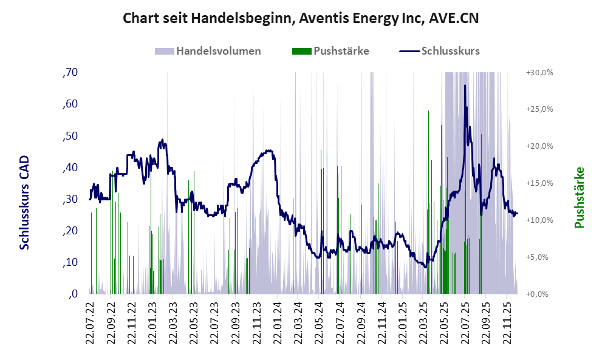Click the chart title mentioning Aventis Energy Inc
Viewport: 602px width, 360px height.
coord(301,18)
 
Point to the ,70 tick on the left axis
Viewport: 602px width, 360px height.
coord(70,73)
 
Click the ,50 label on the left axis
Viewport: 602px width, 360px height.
coord(70,136)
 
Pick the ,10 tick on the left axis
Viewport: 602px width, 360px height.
coord(70,262)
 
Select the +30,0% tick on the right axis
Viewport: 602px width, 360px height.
coord(539,73)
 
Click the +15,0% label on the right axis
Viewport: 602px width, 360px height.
coord(539,183)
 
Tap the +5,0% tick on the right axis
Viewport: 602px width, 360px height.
coord(539,257)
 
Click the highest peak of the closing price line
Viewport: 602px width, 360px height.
coord(465,86)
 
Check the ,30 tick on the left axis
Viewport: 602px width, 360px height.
coord(70,199)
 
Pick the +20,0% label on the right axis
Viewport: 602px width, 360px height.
coord(539,146)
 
